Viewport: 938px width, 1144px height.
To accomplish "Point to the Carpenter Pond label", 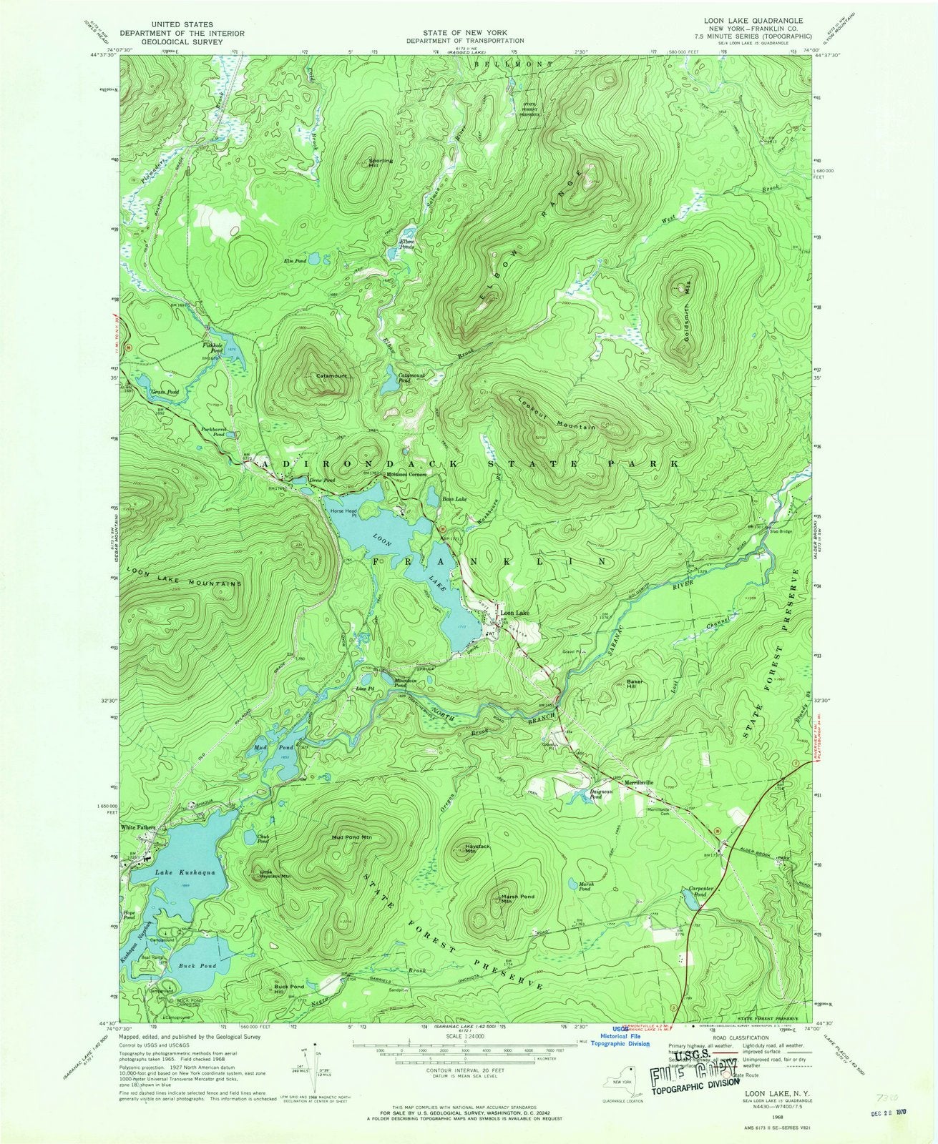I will pyautogui.click(x=693, y=892).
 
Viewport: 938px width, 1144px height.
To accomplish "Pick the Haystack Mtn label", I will pyautogui.click(x=479, y=848).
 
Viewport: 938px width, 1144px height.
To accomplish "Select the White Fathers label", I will pyautogui.click(x=137, y=827).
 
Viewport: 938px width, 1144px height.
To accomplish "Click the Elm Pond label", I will pyautogui.click(x=295, y=261).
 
